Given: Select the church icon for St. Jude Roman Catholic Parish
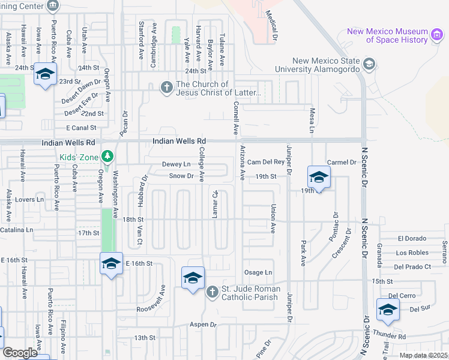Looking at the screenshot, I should coord(212,292).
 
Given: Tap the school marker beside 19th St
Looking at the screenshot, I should coord(319,176).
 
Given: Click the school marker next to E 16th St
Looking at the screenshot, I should coord(111,263).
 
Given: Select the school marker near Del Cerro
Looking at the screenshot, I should coord(388,310).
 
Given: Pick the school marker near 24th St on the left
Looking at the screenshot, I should coord(44,74).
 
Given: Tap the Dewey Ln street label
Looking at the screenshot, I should coord(176,164).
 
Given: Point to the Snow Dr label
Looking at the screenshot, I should coord(181,176).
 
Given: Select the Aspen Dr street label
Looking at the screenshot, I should coord(204,325).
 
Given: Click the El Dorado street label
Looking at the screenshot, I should coord(412,239).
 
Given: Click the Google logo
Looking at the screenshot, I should coord(20,353).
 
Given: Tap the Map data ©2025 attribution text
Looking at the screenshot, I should coord(423,355).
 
